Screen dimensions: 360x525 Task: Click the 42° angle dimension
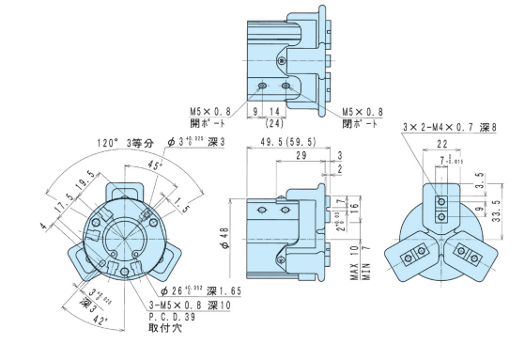click(99, 320)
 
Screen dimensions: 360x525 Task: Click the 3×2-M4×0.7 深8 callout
click(448, 127)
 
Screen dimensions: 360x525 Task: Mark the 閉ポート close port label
click(363, 121)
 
